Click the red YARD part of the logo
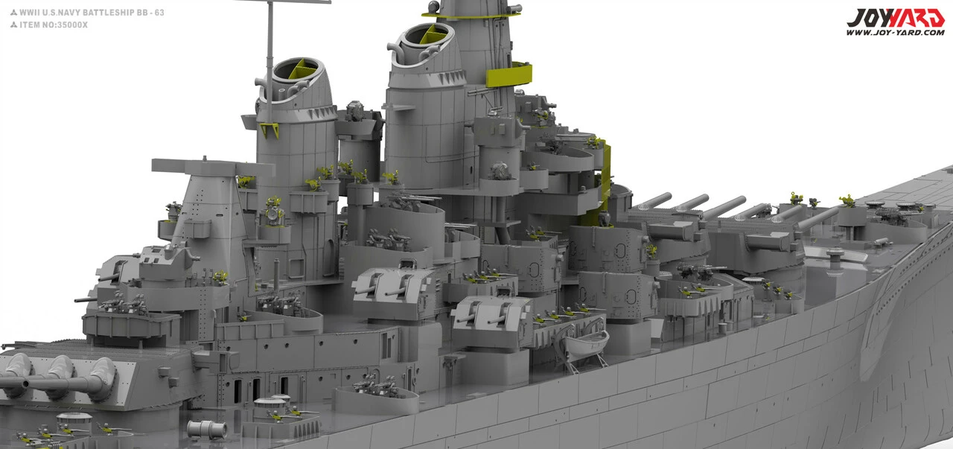(x=916, y=19)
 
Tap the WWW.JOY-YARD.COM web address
(x=895, y=32)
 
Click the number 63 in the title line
(x=159, y=13)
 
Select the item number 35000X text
(x=72, y=25)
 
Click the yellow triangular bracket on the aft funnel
(x=270, y=130)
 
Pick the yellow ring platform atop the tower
(x=471, y=16)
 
